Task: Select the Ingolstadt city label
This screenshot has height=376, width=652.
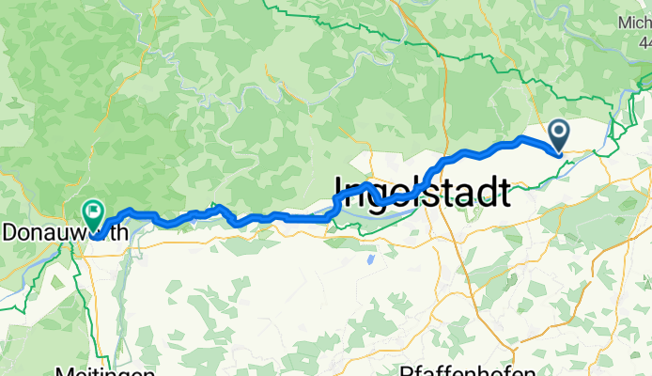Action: click(423, 193)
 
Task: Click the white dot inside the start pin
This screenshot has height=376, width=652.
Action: click(558, 132)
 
